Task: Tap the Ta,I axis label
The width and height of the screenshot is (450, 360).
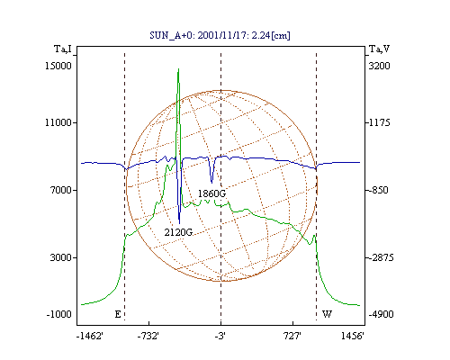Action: click(x=63, y=49)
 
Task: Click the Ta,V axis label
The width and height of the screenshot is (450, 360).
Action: click(x=379, y=49)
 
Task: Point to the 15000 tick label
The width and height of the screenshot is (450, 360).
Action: click(x=58, y=66)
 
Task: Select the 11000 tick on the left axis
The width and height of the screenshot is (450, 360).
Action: click(x=58, y=122)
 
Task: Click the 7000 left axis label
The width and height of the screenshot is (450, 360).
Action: click(x=61, y=190)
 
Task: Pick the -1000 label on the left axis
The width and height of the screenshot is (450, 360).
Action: click(x=58, y=314)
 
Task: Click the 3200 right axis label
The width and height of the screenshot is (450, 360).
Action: click(x=380, y=66)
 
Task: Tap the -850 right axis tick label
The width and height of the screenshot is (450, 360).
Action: click(x=378, y=190)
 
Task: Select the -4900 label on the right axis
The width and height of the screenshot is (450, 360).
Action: click(x=381, y=314)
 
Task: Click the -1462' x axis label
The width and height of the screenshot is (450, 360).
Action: click(x=90, y=336)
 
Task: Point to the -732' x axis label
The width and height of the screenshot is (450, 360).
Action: click(x=148, y=336)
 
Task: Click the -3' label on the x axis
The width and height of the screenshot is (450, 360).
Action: click(x=220, y=336)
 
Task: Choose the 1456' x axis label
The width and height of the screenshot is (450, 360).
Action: click(x=353, y=336)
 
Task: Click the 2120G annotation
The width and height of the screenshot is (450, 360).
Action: click(x=178, y=232)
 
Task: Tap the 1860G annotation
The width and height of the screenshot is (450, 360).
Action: click(x=211, y=193)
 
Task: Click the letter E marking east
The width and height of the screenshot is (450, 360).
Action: click(x=118, y=314)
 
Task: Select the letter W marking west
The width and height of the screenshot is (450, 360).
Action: click(x=327, y=314)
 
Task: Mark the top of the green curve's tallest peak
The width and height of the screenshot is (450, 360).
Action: click(x=178, y=68)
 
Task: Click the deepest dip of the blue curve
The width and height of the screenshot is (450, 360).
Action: click(x=179, y=223)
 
